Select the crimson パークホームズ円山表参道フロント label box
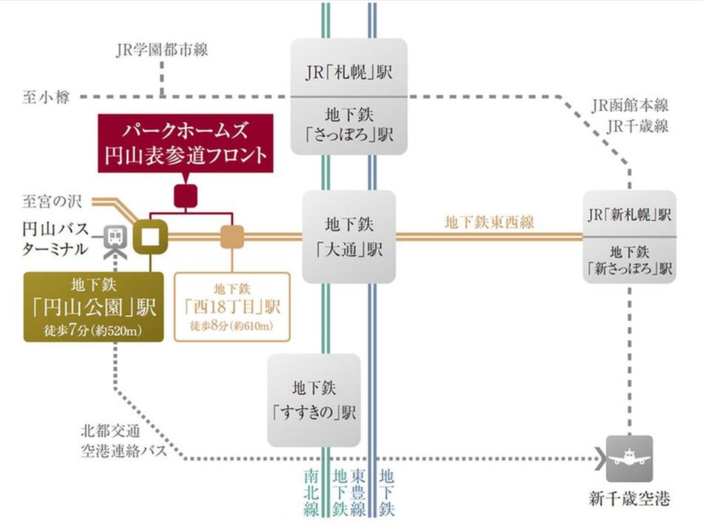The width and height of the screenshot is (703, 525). tap(185, 144)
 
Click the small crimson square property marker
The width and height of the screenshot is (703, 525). tap(185, 195)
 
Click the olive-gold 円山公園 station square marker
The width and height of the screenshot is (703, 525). tap(151, 237)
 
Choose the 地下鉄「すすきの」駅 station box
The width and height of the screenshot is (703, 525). tap(314, 400)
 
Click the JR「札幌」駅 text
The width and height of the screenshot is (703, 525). tap(349, 73)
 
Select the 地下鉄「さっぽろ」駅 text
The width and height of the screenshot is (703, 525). tap(349, 125)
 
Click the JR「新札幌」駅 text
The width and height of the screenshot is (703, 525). tap(629, 214)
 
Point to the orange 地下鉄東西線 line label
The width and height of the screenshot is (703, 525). tap(489, 221)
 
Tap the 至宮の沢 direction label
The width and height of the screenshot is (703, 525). tap(53, 200)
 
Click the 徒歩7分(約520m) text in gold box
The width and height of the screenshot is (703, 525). tap(93, 330)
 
